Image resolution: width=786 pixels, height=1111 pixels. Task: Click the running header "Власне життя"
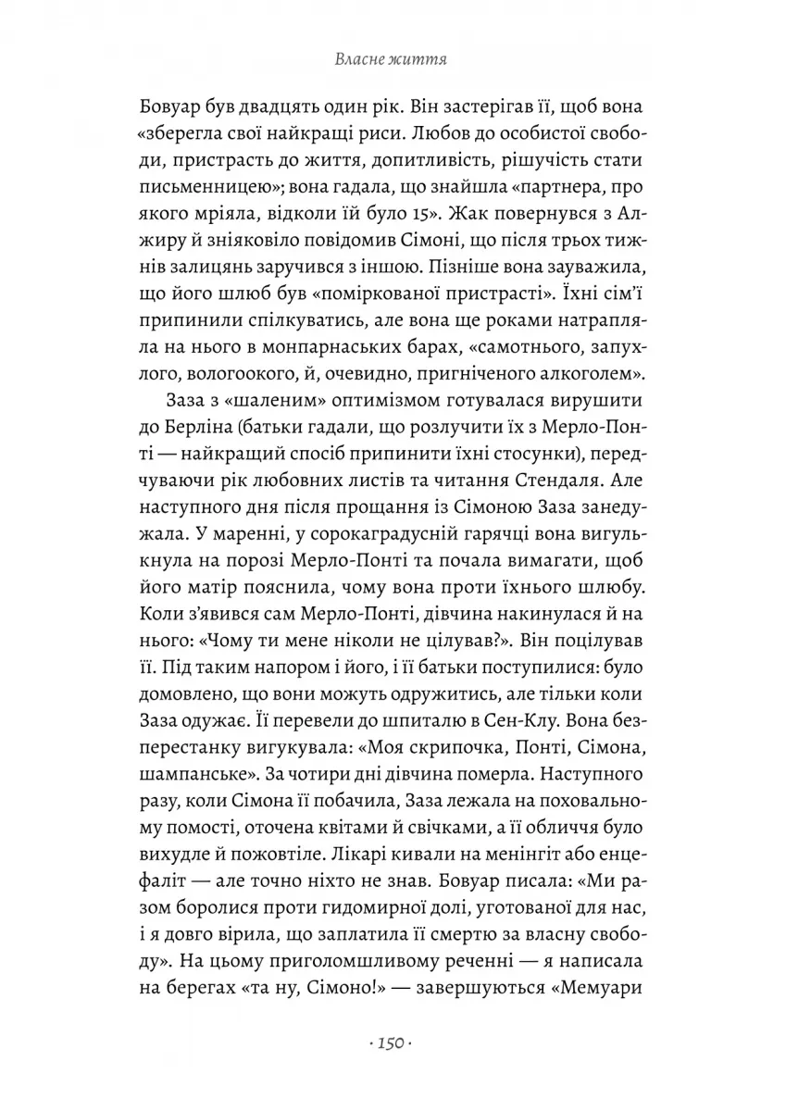coord(393,61)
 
